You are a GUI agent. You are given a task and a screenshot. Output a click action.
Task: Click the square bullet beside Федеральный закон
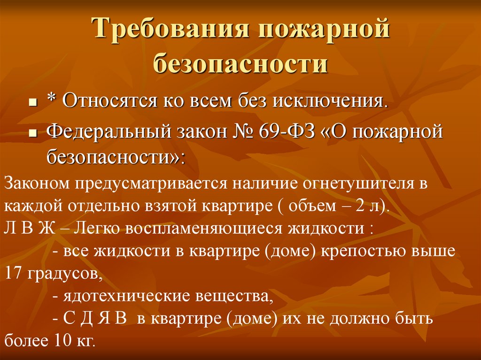pos(33,133)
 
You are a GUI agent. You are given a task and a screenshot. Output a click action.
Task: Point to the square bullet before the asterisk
pos(33,102)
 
